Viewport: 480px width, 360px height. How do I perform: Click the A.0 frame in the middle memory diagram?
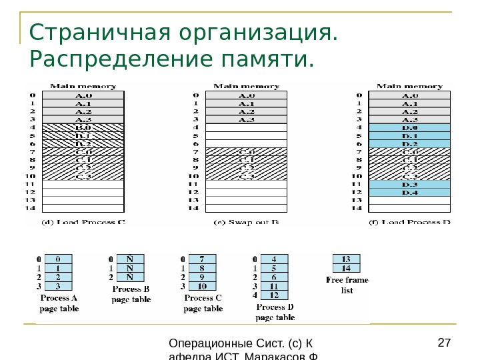coord(247,95)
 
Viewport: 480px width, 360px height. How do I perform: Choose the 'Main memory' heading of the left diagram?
coord(83,86)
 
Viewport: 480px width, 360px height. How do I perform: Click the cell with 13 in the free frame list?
coord(346,259)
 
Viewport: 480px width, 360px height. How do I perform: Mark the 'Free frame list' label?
coord(346,285)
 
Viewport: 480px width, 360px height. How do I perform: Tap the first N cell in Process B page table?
coord(130,259)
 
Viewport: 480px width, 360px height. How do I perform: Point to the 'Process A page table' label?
coord(59,303)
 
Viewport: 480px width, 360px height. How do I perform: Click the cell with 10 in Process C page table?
coord(203,286)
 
